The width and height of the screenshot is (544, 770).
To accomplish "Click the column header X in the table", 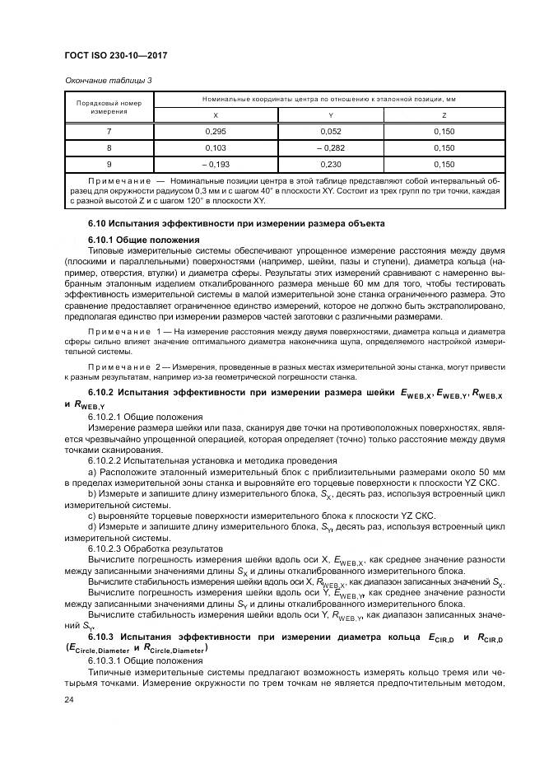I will click(x=216, y=115).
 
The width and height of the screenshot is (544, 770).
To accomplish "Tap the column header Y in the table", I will click(x=330, y=115).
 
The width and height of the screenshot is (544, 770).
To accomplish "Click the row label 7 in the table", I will click(x=109, y=132).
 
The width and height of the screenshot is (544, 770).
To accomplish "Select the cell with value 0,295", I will click(x=216, y=132).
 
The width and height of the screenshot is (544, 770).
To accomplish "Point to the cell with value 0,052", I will click(x=330, y=132).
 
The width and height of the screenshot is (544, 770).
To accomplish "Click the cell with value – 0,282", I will click(x=330, y=147).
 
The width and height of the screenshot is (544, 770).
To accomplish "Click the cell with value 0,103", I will click(x=216, y=147).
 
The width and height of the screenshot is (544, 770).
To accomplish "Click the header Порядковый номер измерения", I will click(x=109, y=107).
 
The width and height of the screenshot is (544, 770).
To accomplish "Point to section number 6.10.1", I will click(x=102, y=240).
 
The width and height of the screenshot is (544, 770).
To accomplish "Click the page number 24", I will click(x=68, y=701).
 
